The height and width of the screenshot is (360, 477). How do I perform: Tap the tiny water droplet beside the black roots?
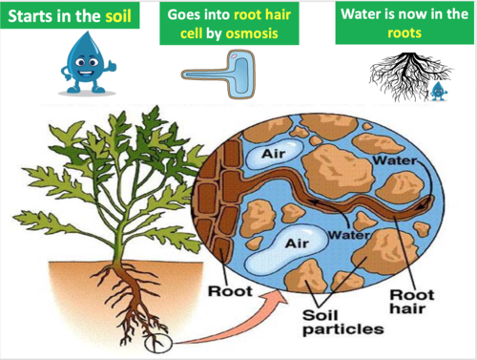(x=439, y=91)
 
